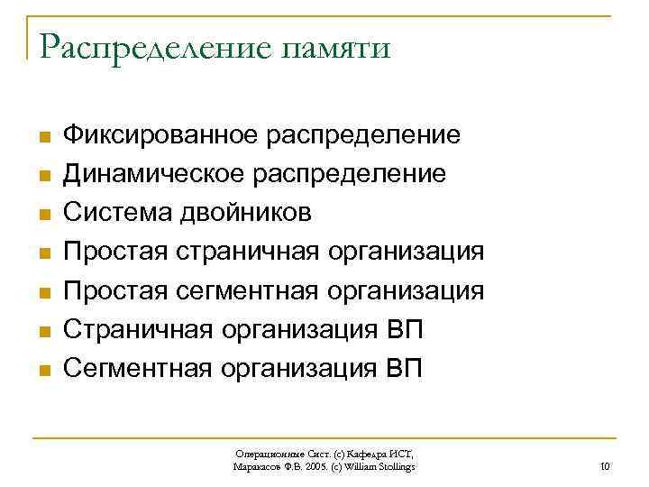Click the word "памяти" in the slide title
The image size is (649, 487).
point(335,47)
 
